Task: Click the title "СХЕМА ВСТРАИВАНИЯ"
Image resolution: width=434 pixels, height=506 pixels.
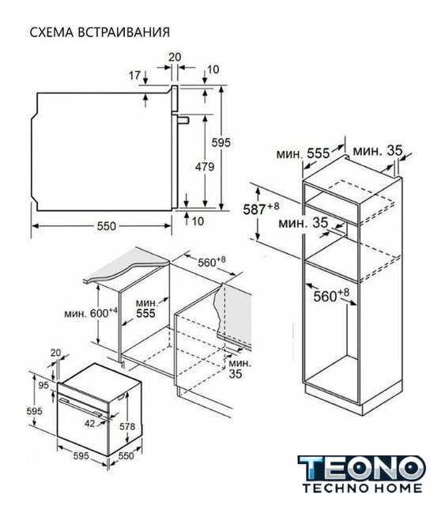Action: point(100,32)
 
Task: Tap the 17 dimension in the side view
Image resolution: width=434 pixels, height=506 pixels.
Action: point(134,76)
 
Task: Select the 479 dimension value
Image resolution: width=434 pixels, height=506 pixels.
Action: point(205,167)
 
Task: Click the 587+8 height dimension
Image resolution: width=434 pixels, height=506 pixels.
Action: point(261,209)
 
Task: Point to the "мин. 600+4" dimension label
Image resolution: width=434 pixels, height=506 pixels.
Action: point(91,312)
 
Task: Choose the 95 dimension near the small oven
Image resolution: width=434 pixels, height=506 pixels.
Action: point(43,385)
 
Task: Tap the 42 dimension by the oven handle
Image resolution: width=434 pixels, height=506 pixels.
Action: point(90,423)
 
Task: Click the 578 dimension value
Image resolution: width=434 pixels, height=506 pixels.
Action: point(127,427)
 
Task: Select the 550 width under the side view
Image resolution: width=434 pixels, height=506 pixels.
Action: point(107,226)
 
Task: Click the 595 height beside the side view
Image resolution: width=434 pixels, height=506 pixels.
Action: point(221,142)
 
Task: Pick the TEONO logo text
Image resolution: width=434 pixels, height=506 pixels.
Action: point(361,469)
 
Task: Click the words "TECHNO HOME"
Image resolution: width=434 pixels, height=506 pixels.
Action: point(362,488)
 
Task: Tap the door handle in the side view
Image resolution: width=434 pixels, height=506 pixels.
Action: point(183,119)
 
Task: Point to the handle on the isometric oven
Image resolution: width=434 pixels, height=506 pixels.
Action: point(83,406)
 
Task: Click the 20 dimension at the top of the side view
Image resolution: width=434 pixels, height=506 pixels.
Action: point(175,57)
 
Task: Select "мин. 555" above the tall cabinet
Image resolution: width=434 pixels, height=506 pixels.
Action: point(303,153)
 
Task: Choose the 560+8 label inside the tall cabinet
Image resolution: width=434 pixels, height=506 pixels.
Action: point(331,295)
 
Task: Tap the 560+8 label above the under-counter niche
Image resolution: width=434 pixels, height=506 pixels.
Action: point(212,262)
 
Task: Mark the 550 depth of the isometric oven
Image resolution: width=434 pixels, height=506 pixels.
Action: point(126,455)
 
